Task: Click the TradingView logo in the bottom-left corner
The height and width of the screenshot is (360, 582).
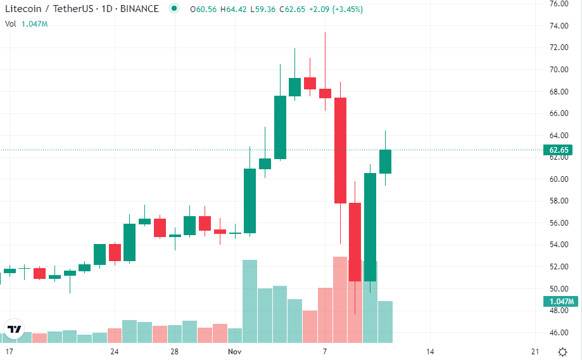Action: pyautogui.click(x=13, y=329)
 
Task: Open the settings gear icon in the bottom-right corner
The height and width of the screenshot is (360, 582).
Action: pyautogui.click(x=562, y=352)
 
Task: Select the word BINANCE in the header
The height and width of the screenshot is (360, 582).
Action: pyautogui.click(x=139, y=10)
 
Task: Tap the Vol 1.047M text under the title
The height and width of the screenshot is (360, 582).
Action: pyautogui.click(x=27, y=23)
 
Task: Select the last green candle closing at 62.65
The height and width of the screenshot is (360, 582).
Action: pyautogui.click(x=385, y=161)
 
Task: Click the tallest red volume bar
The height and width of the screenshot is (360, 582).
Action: pyautogui.click(x=340, y=298)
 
